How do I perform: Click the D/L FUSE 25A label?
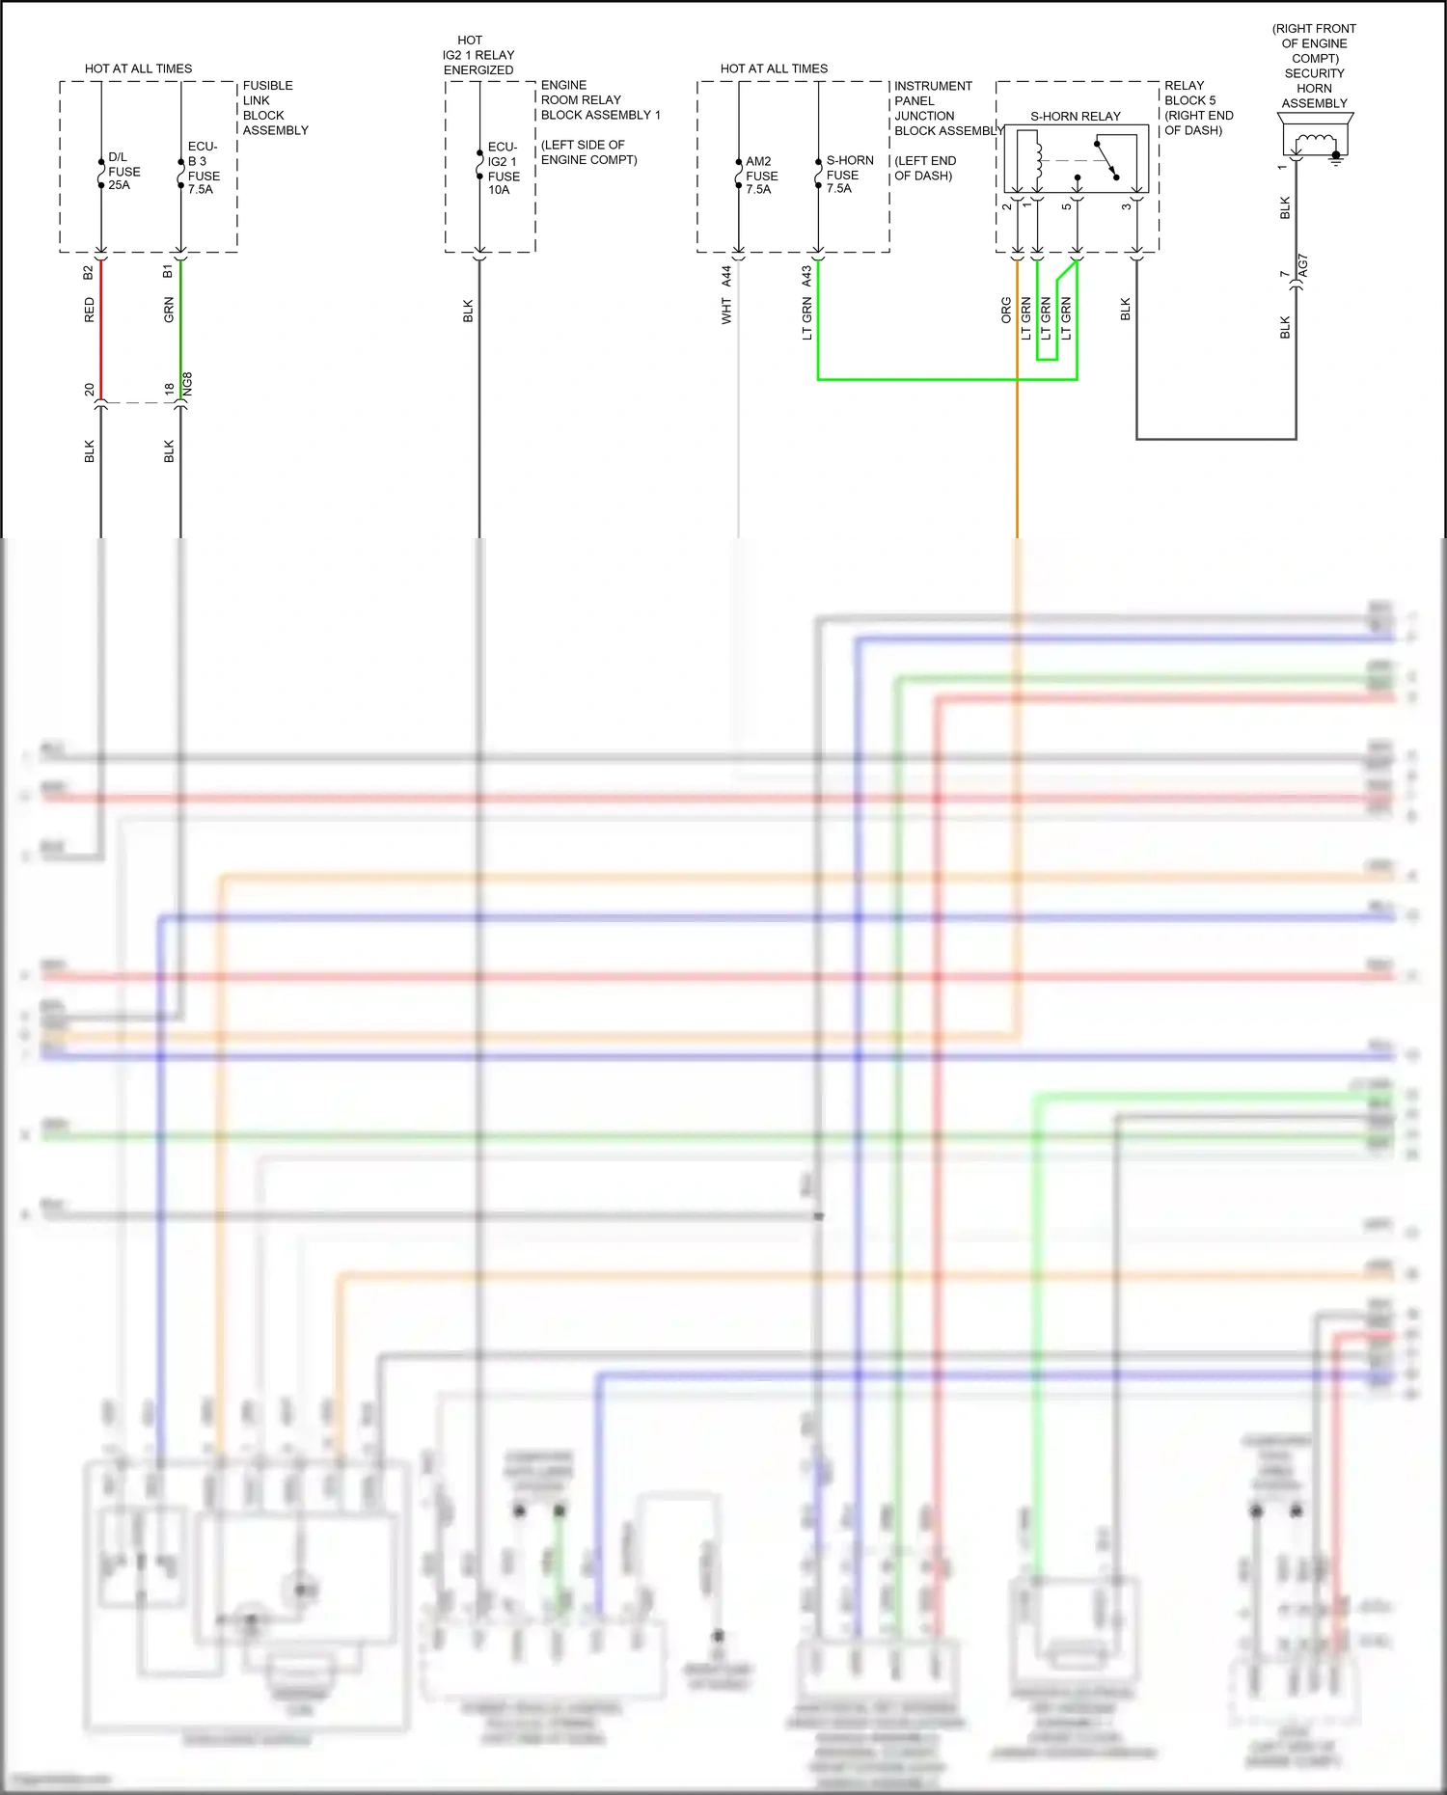(x=123, y=171)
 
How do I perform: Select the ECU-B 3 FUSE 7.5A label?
(x=203, y=168)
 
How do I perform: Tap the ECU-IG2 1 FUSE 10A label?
(x=503, y=169)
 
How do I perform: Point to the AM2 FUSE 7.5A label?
(x=760, y=176)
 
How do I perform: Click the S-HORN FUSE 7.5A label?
(x=849, y=175)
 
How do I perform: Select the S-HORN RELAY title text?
(x=1075, y=116)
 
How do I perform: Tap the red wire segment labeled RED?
(x=101, y=328)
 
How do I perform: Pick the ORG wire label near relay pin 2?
(x=1006, y=310)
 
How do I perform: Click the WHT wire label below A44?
(x=726, y=311)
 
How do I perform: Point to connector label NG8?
(x=188, y=383)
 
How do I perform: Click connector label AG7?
(x=1303, y=266)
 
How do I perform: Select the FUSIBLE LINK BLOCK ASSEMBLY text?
(x=274, y=107)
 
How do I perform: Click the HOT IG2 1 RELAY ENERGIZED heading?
(x=478, y=55)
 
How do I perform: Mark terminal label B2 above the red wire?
(x=88, y=272)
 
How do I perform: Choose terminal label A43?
(x=806, y=276)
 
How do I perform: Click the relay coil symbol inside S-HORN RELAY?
(x=1037, y=161)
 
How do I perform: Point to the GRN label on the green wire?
(x=169, y=310)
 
